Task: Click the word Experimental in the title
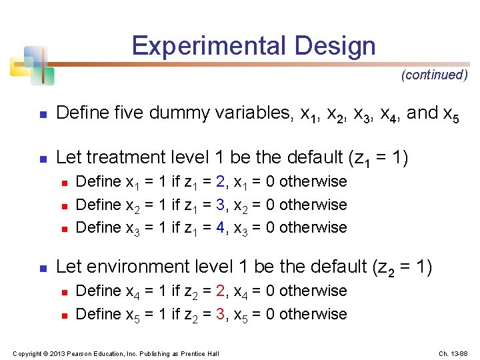pyautogui.click(x=207, y=46)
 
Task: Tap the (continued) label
pyautogui.click(x=435, y=75)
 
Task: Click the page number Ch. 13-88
pyautogui.click(x=453, y=353)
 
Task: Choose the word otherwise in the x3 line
pyautogui.click(x=313, y=227)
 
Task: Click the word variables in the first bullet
pyautogui.click(x=253, y=113)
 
